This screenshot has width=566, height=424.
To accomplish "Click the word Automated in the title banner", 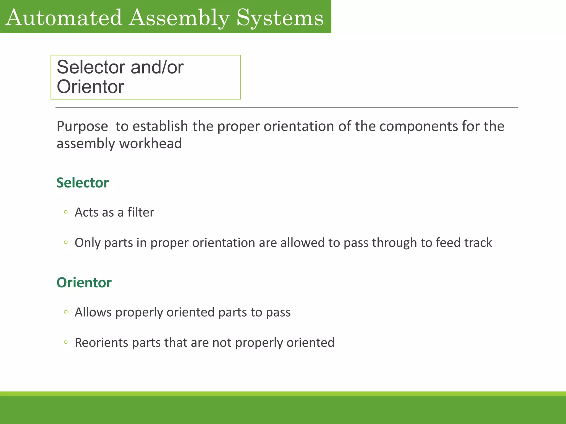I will tap(64, 18).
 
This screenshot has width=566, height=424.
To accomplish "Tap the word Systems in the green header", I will tap(280, 18).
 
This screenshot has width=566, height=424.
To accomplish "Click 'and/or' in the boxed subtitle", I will tap(157, 67).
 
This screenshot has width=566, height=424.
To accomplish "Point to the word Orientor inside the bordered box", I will tap(90, 87).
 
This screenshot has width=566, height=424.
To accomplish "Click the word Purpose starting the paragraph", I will tap(82, 126).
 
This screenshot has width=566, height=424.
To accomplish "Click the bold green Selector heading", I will tap(82, 183).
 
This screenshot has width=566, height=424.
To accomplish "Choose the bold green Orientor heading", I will tap(84, 283).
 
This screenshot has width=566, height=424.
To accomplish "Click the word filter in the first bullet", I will tap(140, 212).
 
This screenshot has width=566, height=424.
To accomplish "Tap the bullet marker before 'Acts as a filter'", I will tap(65, 212).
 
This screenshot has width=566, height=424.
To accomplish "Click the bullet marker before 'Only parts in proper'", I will tap(65, 242).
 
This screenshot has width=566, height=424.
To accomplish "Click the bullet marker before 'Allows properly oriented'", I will tap(65, 312).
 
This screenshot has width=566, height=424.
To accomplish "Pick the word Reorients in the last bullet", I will tap(101, 343).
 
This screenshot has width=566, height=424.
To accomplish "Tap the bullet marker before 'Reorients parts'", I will tap(65, 342).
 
